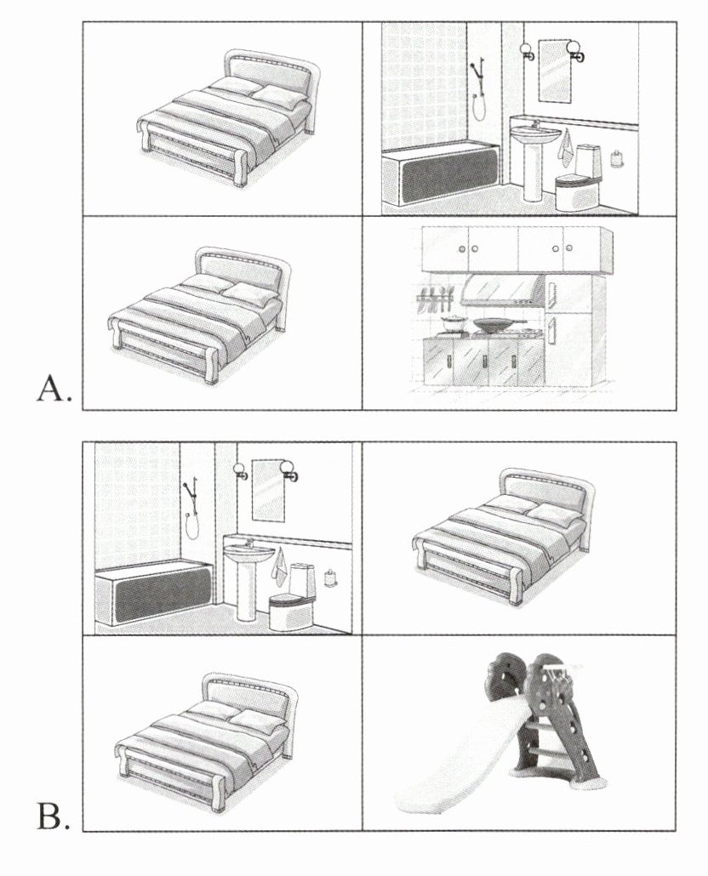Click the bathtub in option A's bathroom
pyautogui.click(x=438, y=179)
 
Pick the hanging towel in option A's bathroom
pyautogui.click(x=564, y=151)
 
